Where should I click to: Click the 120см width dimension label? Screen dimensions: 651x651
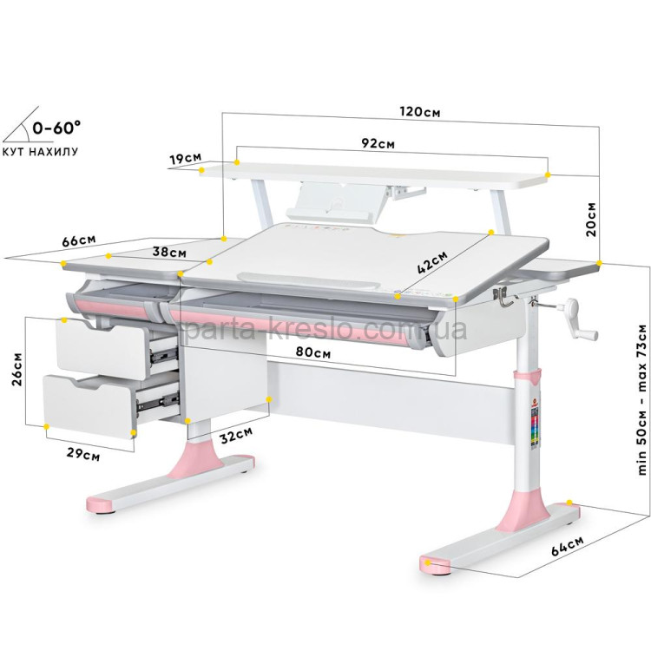click(x=420, y=112)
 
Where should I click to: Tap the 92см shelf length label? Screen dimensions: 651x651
click(x=378, y=143)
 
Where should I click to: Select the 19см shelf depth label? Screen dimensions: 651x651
click(x=185, y=158)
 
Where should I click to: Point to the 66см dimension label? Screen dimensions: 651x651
click(x=79, y=240)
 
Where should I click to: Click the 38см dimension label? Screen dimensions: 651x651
click(x=169, y=252)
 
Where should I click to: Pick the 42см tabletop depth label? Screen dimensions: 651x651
click(x=432, y=261)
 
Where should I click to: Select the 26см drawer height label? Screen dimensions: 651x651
click(x=17, y=370)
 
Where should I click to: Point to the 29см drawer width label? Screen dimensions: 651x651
click(x=83, y=455)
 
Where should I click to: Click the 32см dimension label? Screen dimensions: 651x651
click(x=236, y=436)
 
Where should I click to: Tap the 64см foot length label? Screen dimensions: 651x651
click(x=567, y=546)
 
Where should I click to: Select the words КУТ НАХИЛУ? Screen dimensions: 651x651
click(x=40, y=152)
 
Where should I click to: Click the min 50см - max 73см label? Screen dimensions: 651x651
click(x=641, y=399)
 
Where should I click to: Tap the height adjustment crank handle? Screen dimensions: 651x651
click(x=577, y=321)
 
